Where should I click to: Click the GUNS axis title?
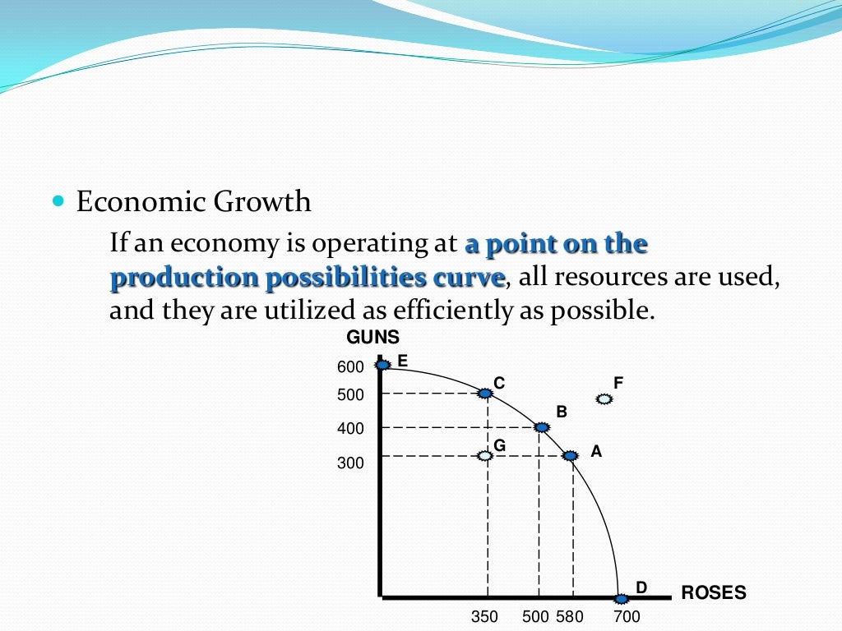[372, 337]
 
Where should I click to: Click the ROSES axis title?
[714, 592]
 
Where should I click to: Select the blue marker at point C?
[485, 394]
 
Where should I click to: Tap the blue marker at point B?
[541, 427]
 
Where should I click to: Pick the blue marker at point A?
[569, 455]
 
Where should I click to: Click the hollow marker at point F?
[604, 399]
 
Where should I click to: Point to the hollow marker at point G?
[485, 455]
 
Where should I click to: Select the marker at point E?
[382, 364]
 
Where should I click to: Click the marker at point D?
[621, 596]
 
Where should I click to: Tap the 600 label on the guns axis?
[350, 367]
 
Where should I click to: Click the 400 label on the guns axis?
[350, 429]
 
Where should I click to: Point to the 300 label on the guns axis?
[350, 463]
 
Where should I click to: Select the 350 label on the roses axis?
[484, 617]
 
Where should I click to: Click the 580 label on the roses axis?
[569, 617]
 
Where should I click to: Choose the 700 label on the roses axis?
[627, 617]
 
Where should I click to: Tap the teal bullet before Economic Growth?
[58, 200]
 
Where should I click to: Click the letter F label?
[618, 382]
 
